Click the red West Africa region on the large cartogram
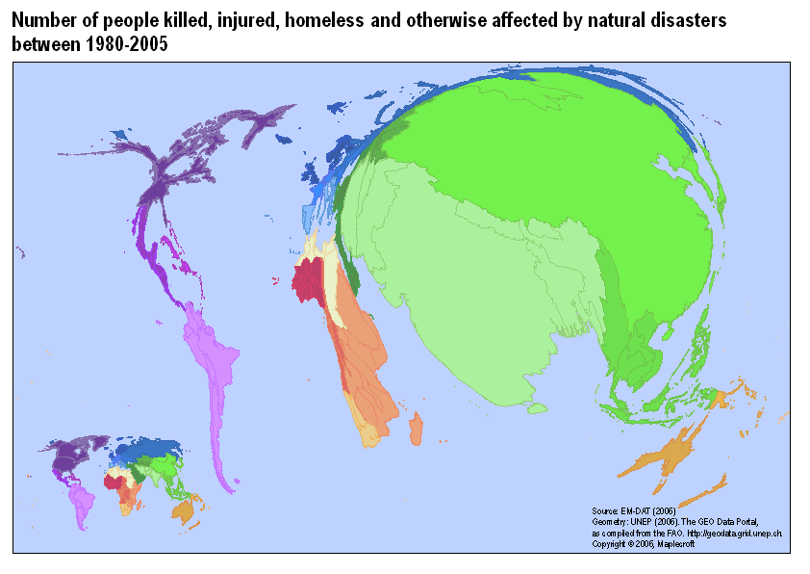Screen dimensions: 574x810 point(311,278)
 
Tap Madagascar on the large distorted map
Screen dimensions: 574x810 point(416,430)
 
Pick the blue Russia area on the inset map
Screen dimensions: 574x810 point(149,449)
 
